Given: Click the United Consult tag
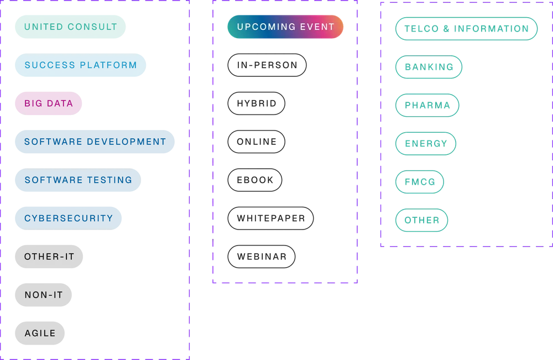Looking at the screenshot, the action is [70, 27].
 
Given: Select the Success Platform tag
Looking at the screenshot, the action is [80, 65].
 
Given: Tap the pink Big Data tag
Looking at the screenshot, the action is [48, 103].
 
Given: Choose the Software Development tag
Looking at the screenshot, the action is [95, 142].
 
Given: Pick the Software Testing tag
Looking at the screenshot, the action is [78, 180].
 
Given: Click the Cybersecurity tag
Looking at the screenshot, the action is [69, 218].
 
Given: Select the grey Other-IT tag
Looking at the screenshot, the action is [49, 257].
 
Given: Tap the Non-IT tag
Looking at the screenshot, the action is [43, 295].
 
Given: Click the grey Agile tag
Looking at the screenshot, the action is [40, 333].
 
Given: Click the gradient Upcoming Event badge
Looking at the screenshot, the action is [285, 27].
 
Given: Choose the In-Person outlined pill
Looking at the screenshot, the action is [267, 65].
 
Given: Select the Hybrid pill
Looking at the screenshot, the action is [257, 103].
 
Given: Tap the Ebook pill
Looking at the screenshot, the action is [255, 180].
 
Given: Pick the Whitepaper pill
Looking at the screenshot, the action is [270, 218].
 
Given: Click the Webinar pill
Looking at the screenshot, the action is [262, 257].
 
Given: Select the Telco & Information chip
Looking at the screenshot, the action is [467, 29].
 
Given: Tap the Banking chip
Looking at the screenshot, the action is [429, 67].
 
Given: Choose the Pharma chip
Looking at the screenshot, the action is [427, 105].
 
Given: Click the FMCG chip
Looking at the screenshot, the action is [420, 182].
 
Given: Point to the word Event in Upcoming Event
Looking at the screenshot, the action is [317, 27].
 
